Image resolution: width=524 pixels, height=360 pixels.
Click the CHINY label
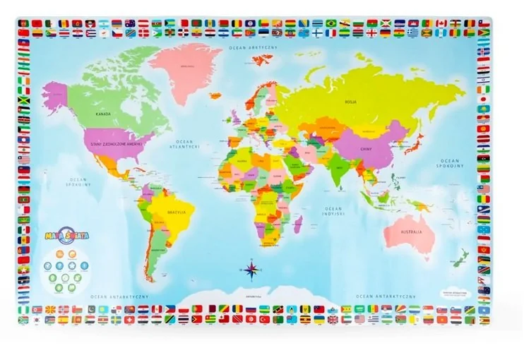click(x=367, y=149)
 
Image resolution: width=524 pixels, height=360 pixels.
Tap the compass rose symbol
click(x=251, y=268)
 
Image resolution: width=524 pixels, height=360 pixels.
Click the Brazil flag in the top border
click(x=331, y=23)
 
